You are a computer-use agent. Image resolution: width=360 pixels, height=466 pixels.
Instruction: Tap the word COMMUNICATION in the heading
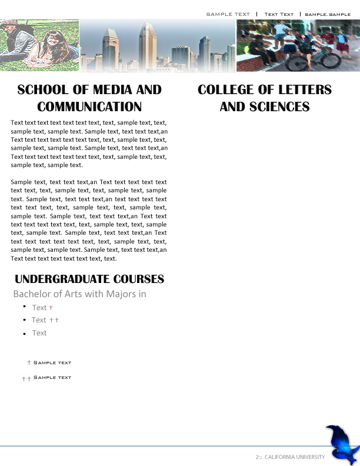click(x=89, y=106)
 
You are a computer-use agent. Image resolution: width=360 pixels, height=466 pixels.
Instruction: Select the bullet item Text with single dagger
click(x=39, y=307)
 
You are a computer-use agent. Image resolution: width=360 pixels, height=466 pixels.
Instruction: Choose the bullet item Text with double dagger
click(x=39, y=320)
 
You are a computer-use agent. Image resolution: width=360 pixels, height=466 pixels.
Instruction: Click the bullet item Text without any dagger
click(x=39, y=333)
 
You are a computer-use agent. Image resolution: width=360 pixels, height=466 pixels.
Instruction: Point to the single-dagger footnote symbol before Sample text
click(x=29, y=362)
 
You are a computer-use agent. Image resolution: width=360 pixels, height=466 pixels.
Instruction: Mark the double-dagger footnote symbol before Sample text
click(x=26, y=378)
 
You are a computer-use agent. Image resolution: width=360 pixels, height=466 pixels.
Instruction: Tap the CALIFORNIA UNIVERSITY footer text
click(x=294, y=457)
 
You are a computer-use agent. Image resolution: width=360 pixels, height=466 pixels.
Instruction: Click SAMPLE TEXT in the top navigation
click(x=228, y=14)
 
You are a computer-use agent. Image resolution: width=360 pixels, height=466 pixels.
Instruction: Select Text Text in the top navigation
click(x=279, y=14)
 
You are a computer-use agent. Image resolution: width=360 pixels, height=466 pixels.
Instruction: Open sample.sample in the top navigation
click(x=328, y=14)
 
